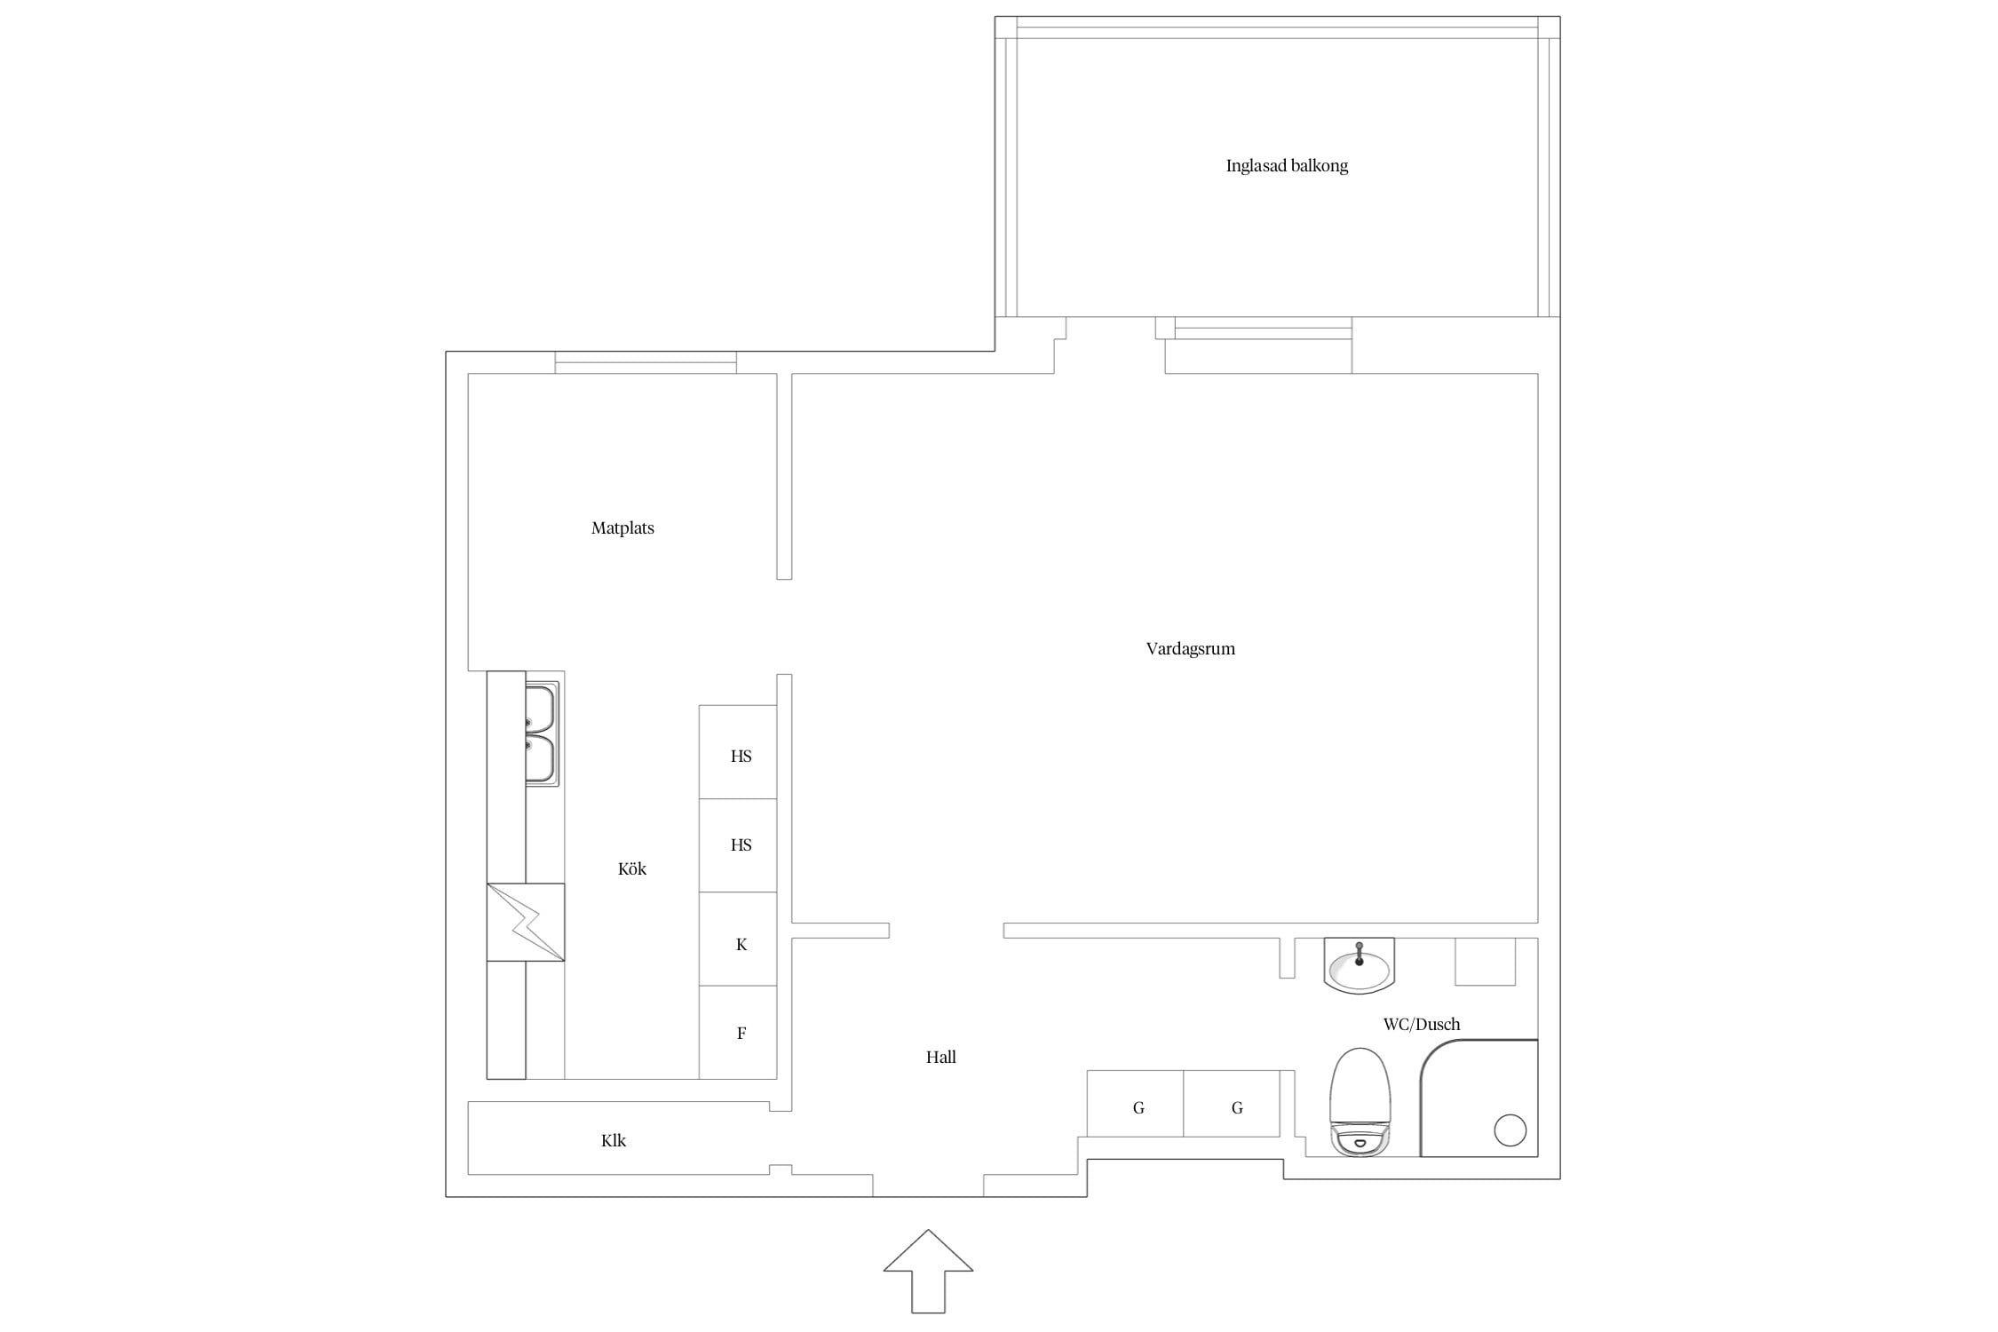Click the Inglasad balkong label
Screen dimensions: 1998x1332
point(1287,166)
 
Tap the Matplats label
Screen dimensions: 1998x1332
point(622,528)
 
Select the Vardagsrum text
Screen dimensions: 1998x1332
point(1190,649)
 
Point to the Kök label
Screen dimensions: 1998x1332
point(632,869)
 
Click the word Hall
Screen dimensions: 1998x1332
point(940,1057)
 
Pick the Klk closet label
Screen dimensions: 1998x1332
point(614,1141)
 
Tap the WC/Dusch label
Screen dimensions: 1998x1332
point(1422,1024)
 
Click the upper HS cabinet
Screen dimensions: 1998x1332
point(738,752)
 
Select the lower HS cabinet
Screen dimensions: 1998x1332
point(738,845)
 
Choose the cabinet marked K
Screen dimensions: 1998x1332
point(738,939)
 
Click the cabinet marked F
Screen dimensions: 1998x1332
point(738,1032)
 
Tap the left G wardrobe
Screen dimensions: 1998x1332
point(1135,1104)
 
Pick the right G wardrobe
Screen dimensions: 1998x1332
point(1232,1104)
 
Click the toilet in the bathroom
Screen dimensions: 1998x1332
point(1360,1102)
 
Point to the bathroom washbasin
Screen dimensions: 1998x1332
point(1359,965)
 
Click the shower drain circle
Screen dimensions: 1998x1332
point(1510,1130)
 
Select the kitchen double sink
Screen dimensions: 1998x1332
point(541,734)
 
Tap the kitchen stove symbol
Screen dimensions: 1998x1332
point(526,922)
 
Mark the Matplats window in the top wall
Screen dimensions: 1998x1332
point(646,362)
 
